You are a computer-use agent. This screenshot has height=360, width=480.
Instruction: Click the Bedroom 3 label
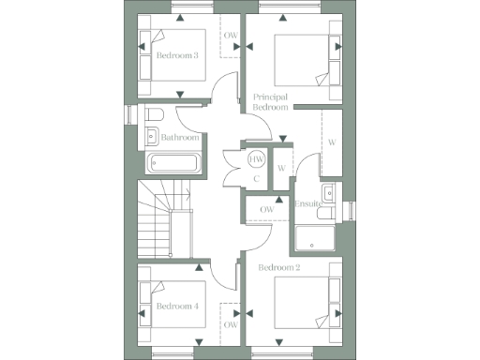pos(176,56)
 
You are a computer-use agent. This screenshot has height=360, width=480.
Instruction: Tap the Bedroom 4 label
pos(176,307)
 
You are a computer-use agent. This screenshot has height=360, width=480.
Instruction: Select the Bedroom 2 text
pos(278,268)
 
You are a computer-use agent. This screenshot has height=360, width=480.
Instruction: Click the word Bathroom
pos(180,138)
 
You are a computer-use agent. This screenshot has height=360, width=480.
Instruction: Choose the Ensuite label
pos(308,203)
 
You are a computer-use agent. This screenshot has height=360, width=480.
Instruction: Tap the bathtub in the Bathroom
pos(173,162)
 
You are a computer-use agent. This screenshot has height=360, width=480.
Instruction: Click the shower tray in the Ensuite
pos(316,239)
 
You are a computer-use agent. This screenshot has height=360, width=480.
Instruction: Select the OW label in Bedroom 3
pos(231,36)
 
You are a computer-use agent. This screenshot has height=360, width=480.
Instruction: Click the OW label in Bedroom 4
pos(231,325)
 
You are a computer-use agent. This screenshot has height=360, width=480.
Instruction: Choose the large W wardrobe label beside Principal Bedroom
pos(332,143)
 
